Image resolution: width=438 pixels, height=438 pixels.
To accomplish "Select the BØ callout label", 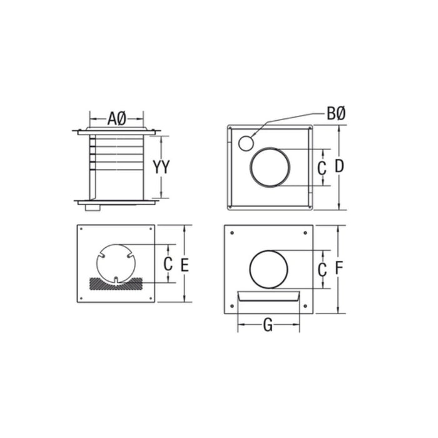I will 336,114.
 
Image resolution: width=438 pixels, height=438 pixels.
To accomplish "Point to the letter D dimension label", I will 339,167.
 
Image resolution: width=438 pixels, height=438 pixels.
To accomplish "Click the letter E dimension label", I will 184,265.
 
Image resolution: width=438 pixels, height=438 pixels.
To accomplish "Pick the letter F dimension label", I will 338,268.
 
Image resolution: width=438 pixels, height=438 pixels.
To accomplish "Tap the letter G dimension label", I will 267,325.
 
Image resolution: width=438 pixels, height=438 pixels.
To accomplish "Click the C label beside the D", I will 322,168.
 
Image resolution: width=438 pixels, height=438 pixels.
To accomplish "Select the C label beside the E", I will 168,265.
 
